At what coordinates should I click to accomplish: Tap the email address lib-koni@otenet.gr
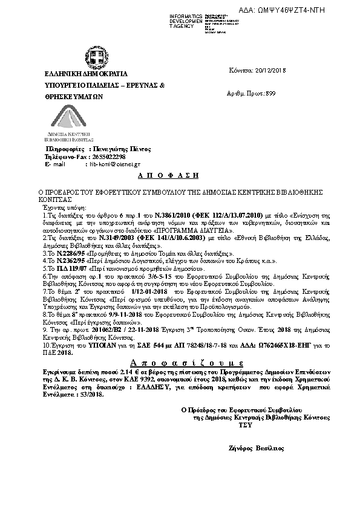tap(115, 164)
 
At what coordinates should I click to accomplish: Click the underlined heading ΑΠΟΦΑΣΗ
tap(174, 175)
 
